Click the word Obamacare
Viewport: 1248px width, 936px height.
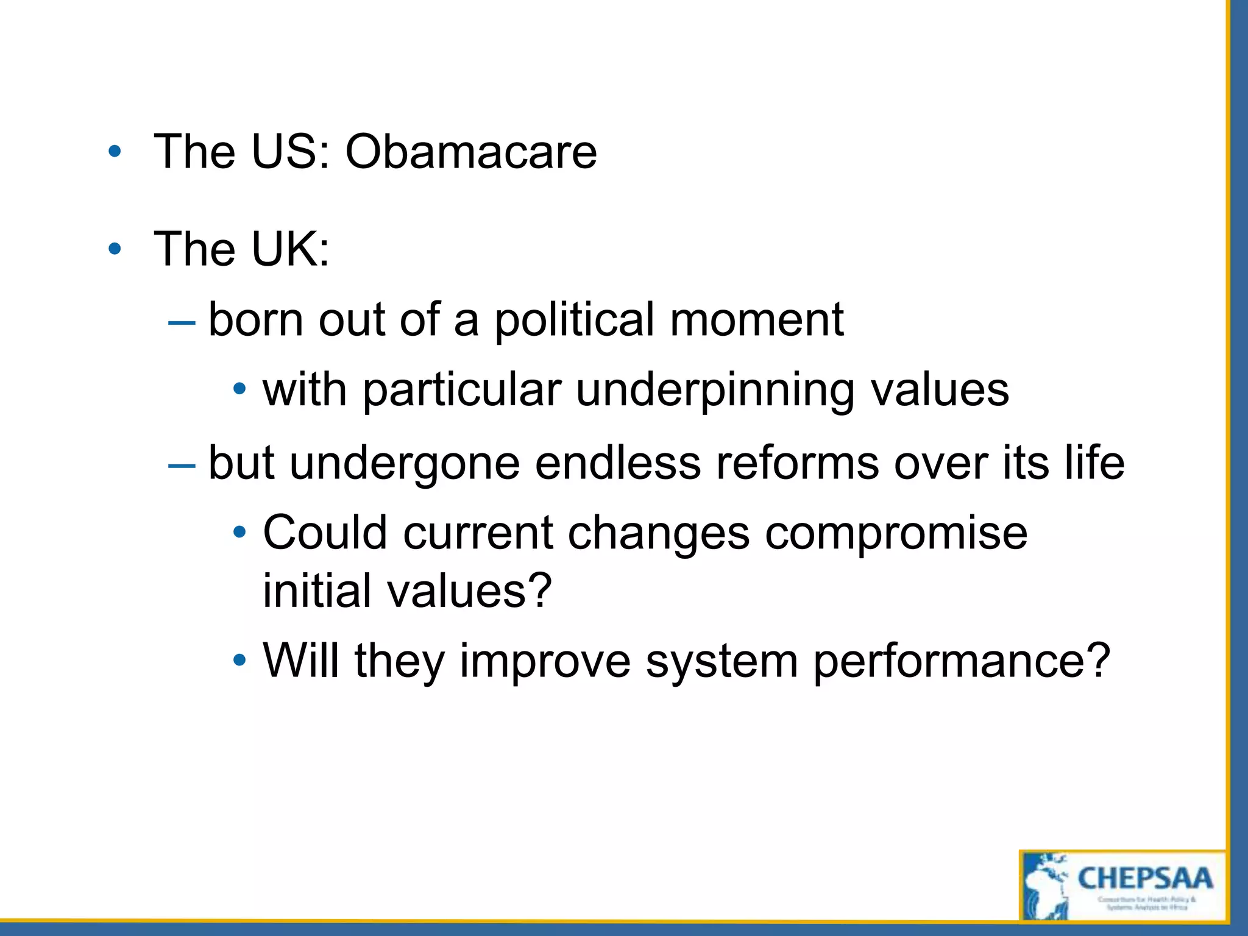pos(470,152)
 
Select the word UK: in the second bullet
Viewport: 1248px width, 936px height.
pos(290,249)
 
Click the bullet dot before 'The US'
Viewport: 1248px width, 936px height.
pos(115,152)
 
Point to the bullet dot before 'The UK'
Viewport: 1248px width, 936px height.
pos(115,249)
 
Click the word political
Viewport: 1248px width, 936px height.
pos(574,320)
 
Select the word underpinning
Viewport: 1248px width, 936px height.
pos(715,391)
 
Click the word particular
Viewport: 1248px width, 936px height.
pos(462,391)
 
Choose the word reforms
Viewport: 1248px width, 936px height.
pos(797,464)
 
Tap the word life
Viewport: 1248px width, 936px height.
pos(1094,464)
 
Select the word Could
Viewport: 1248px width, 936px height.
pos(325,533)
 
